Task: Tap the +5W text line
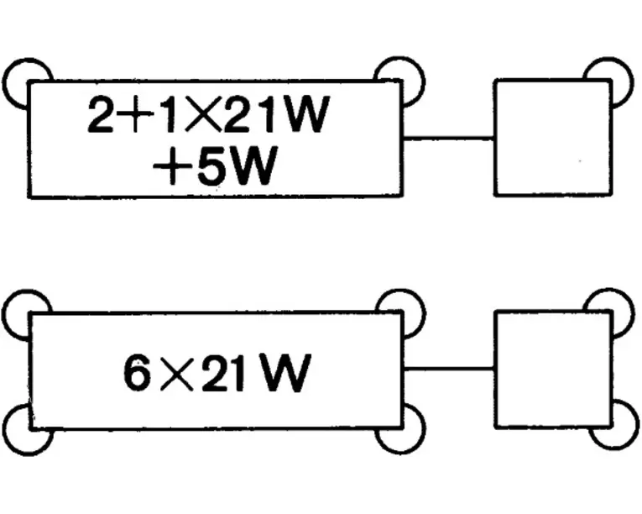[x=214, y=167]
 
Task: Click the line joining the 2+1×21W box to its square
[x=448, y=138]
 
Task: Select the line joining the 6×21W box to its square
[x=448, y=368]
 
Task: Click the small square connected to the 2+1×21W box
[x=552, y=138]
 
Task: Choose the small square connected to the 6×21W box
[x=552, y=369]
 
